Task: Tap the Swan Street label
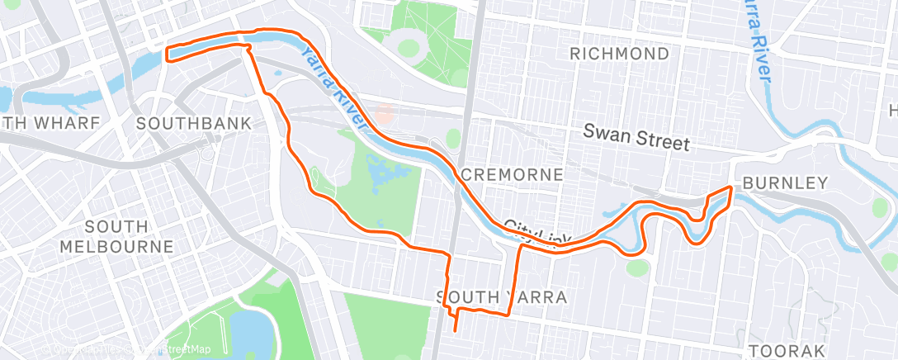[636, 137]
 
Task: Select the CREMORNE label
[512, 175]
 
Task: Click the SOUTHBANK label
[193, 124]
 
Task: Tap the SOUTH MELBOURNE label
[116, 236]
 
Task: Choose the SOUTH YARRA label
[501, 296]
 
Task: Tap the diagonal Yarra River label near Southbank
[332, 87]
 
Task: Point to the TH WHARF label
[50, 124]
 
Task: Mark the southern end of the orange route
[456, 330]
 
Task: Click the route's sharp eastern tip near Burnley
[730, 188]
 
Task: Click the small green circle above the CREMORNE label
[453, 137]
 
